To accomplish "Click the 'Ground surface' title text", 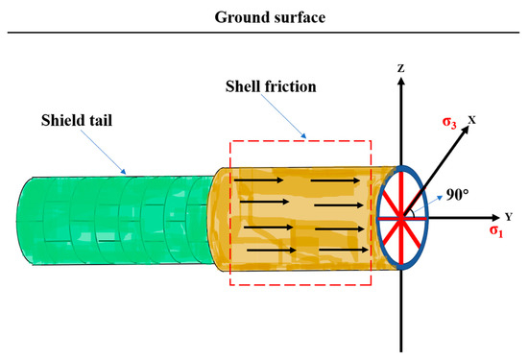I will [263, 16].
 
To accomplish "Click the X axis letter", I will [471, 120].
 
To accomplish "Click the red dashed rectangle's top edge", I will [302, 141].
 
